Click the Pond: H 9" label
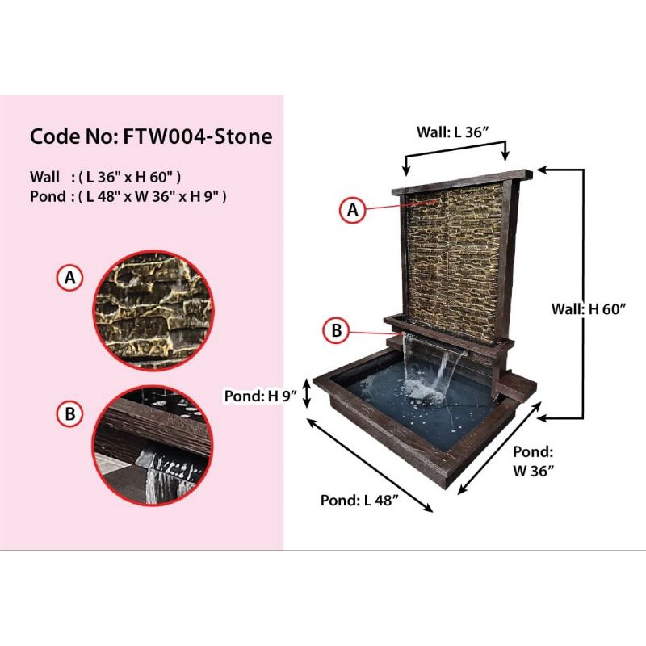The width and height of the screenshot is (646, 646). tap(261, 395)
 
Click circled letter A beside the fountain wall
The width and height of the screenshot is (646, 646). tap(351, 210)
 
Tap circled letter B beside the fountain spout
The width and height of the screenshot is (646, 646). tap(336, 330)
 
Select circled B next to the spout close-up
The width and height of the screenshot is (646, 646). tap(70, 414)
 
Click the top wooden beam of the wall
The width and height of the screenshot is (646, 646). tap(460, 182)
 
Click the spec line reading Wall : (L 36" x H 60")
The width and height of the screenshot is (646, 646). tap(105, 176)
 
